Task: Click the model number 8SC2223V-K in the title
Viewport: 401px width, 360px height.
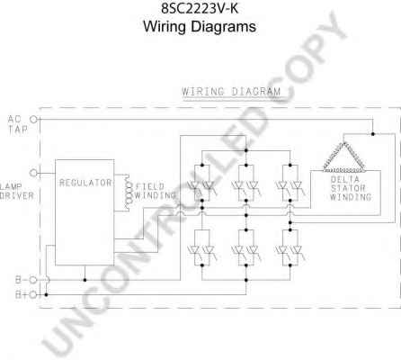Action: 200,8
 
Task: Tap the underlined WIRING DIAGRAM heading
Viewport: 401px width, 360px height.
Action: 231,92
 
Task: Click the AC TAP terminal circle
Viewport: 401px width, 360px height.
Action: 33,120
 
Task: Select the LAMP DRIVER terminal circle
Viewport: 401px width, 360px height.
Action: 33,173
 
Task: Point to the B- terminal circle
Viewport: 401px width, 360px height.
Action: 33,280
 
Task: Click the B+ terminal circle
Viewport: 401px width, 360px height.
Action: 33,294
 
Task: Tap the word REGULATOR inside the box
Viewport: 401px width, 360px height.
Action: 85,183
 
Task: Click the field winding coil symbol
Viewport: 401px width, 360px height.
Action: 129,192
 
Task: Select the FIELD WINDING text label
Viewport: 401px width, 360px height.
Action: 156,191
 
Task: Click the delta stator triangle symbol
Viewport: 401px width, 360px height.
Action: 344,157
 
